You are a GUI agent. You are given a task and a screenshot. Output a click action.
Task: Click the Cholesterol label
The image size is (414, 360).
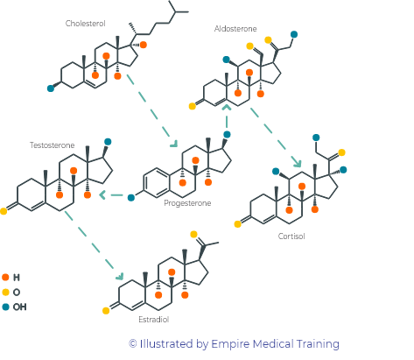point(85,24)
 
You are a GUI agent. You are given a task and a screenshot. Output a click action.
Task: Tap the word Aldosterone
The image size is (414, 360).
point(235,29)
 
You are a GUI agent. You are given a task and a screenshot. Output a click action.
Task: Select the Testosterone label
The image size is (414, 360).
point(52,145)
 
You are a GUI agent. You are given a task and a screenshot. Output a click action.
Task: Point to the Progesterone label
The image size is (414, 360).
point(187,203)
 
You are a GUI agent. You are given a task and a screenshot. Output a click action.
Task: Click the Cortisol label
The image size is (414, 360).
point(291,236)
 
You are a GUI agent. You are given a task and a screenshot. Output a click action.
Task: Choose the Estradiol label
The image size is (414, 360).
point(154,320)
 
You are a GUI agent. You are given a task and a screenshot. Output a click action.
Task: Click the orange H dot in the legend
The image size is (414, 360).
point(5,277)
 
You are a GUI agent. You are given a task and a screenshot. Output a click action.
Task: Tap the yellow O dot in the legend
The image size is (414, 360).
point(5,292)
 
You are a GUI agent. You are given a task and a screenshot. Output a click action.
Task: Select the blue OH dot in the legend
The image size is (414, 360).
point(5,307)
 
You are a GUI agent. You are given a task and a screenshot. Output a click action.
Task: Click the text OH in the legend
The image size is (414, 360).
point(19,307)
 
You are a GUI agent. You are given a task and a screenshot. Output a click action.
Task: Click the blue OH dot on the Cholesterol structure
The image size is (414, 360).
point(51,88)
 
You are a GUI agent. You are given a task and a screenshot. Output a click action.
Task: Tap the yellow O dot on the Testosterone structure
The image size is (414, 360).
point(4,211)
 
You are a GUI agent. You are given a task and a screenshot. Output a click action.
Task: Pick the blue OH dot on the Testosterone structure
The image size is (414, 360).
point(108,142)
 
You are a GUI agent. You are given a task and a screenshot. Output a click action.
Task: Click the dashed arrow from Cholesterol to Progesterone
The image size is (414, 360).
point(151,110)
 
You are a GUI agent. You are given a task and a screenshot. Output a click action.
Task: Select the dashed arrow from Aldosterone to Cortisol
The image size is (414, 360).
point(276,138)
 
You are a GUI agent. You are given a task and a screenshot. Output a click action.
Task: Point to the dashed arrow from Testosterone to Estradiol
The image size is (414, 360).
point(94,245)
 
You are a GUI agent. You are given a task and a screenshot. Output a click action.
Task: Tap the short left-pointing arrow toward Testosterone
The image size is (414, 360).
point(111,194)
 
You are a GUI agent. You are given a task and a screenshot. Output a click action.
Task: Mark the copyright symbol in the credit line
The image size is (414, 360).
point(133,343)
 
